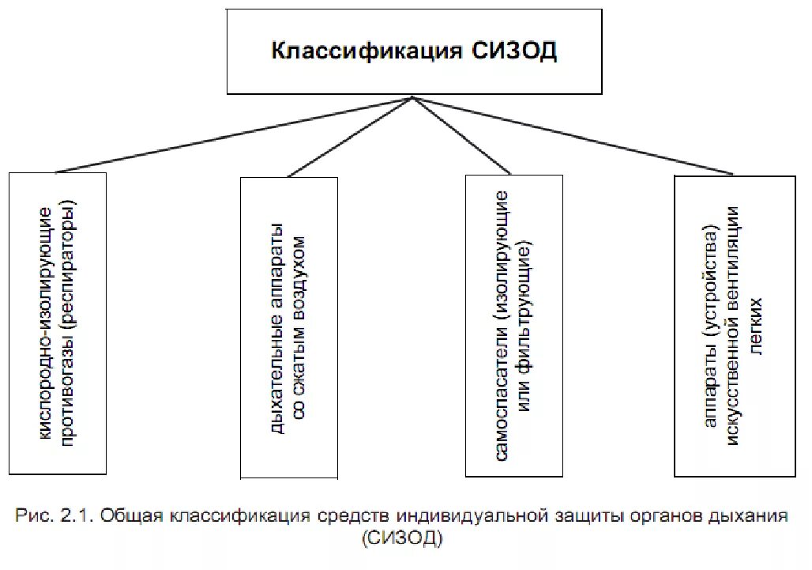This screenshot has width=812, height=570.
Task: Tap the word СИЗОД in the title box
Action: point(515,52)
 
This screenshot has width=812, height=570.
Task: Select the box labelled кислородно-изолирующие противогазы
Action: point(58,323)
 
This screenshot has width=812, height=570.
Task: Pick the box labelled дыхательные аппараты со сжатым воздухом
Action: point(289,328)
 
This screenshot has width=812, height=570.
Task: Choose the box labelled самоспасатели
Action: point(514,325)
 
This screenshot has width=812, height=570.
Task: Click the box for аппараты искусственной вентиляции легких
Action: point(735,326)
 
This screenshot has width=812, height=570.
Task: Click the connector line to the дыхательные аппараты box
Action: point(350,137)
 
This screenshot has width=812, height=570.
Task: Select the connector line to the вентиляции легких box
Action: point(573,135)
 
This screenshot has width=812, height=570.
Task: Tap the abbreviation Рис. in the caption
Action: point(35,518)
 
